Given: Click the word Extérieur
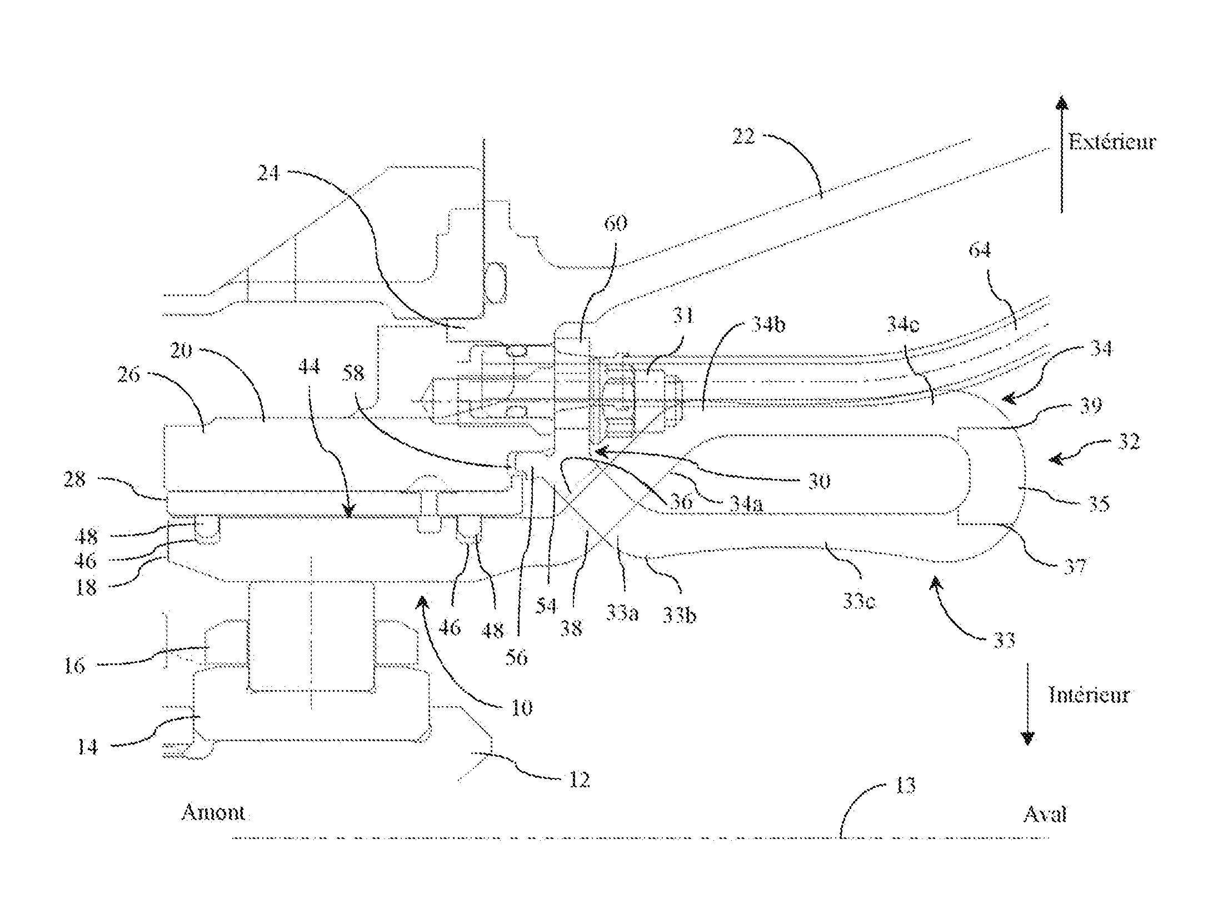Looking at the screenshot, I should (1112, 142).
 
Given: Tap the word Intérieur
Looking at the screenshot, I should (1089, 695).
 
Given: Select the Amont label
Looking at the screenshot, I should (213, 813).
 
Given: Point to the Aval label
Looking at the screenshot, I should (1045, 815).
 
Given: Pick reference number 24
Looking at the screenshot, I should (269, 174).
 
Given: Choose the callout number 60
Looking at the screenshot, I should (615, 223).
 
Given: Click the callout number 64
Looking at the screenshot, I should (980, 251).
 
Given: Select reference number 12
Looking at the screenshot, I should (579, 780).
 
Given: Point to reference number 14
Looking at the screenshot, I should (87, 747).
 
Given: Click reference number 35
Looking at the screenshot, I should (1098, 503).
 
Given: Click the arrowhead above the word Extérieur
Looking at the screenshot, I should (1062, 104).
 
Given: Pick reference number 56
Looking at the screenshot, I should (516, 658).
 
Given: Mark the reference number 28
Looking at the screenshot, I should (76, 480).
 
